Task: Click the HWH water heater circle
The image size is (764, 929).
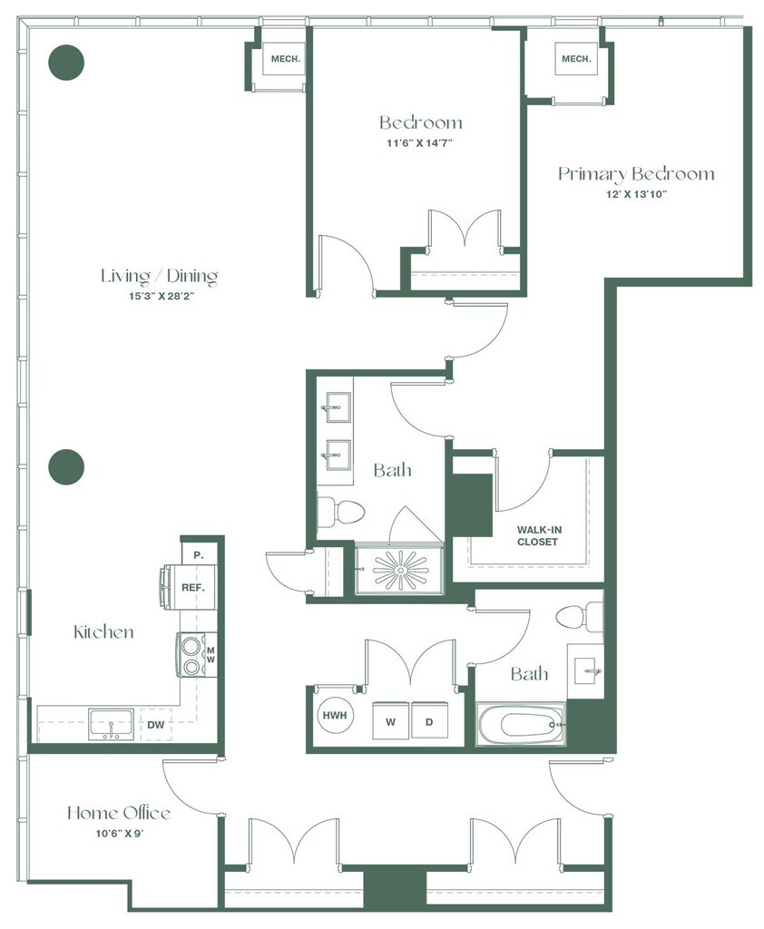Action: (335, 715)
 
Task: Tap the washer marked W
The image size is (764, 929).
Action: (390, 720)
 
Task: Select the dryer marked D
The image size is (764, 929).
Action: (429, 720)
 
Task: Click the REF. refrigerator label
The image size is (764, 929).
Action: (193, 588)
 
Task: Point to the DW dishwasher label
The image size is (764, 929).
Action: (156, 724)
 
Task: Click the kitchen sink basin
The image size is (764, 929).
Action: (112, 724)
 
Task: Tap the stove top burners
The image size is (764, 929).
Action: (191, 655)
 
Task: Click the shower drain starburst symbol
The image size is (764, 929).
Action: (401, 570)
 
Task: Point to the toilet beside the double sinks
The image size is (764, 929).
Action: (339, 513)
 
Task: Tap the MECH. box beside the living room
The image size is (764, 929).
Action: (286, 59)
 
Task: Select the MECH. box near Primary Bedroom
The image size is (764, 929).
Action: (576, 59)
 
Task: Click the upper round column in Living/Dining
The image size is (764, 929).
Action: (66, 63)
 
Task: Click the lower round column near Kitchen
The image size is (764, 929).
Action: (66, 467)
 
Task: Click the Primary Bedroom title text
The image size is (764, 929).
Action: (637, 173)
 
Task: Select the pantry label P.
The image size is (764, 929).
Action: (199, 555)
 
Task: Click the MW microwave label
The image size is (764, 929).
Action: (211, 655)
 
